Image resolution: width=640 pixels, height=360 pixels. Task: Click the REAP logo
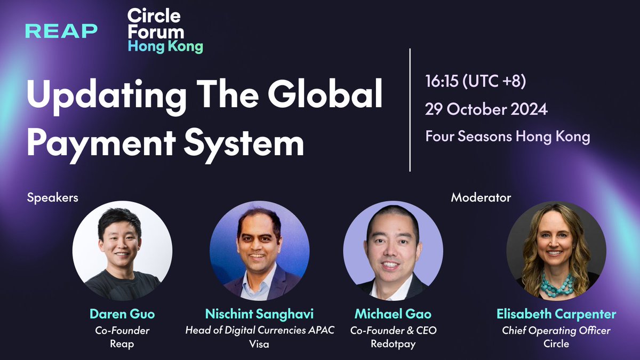tap(61, 31)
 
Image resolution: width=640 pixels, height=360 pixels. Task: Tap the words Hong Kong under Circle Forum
tap(165, 46)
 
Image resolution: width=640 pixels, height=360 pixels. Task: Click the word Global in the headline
tap(325, 94)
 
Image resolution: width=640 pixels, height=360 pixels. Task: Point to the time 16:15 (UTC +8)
tap(475, 81)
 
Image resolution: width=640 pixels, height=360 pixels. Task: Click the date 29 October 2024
tap(486, 109)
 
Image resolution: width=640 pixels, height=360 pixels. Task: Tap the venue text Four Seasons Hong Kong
tap(508, 137)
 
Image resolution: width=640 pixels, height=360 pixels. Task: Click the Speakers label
tap(53, 197)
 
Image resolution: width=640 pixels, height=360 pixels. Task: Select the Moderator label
tap(481, 197)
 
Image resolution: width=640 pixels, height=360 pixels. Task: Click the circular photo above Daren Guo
tap(122, 251)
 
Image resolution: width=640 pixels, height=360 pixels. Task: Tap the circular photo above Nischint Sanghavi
tap(259, 251)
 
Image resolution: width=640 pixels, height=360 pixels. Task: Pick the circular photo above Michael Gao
tap(393, 251)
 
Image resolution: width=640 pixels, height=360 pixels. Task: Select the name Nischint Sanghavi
tap(259, 314)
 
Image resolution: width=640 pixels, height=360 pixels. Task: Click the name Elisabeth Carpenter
tap(556, 314)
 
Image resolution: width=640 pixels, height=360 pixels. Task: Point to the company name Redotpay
tap(393, 343)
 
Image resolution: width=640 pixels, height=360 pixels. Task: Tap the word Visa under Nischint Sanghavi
tap(259, 343)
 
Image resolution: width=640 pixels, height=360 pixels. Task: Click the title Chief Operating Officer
tap(556, 331)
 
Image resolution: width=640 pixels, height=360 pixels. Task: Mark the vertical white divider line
tap(410, 110)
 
